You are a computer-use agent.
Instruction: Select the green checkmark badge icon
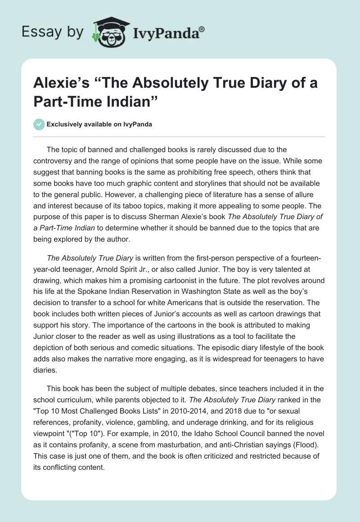39,124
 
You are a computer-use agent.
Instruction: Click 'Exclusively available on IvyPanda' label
99,124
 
